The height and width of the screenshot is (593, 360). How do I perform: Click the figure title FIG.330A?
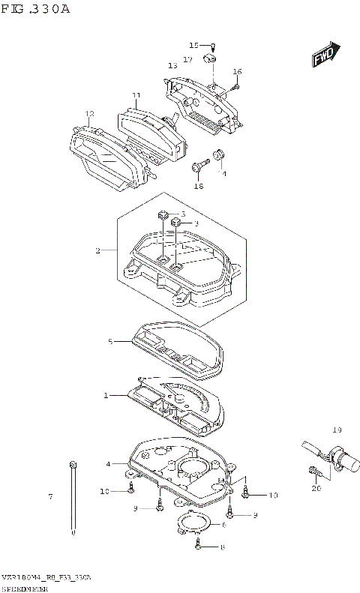pyautogui.click(x=36, y=9)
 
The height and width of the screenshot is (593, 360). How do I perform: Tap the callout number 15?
pyautogui.click(x=193, y=45)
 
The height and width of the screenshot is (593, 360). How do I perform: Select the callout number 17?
pyautogui.click(x=187, y=58)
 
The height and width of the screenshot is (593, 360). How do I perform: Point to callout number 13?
pyautogui.click(x=172, y=66)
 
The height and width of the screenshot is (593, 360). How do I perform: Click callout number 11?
pyautogui.click(x=136, y=95)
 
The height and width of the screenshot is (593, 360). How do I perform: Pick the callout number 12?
pyautogui.click(x=89, y=114)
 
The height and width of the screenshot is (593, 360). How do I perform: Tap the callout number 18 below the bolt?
pyautogui.click(x=199, y=186)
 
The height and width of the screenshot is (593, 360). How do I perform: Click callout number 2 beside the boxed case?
pyautogui.click(x=97, y=250)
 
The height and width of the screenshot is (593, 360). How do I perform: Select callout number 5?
pyautogui.click(x=109, y=342)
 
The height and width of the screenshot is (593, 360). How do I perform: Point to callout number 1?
pyautogui.click(x=106, y=395)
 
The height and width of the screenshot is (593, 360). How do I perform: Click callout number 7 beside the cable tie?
pyautogui.click(x=50, y=497)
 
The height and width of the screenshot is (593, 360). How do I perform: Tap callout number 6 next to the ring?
pyautogui.click(x=223, y=526)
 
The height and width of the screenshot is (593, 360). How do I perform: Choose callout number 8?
pyautogui.click(x=223, y=547)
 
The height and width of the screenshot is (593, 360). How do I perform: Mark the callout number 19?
pyautogui.click(x=337, y=430)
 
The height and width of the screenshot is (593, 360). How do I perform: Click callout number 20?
pyautogui.click(x=316, y=488)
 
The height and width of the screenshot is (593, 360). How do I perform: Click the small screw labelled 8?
pyautogui.click(x=198, y=547)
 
